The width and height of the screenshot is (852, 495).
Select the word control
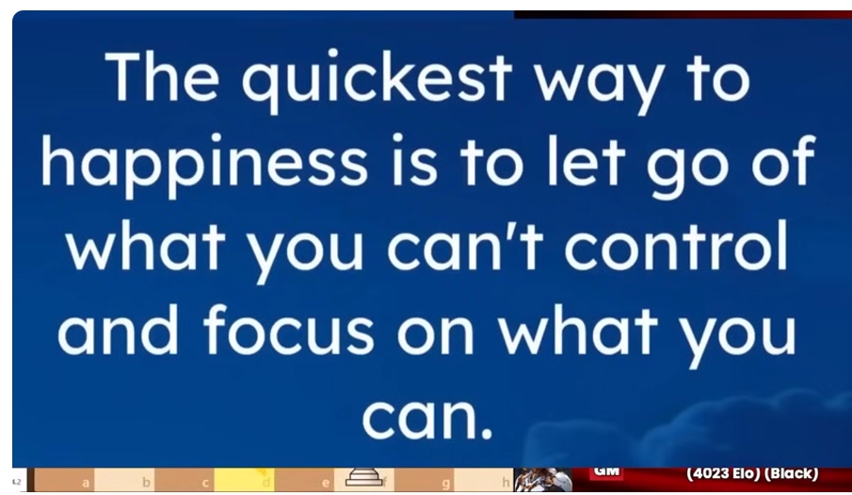pyautogui.click(x=676, y=245)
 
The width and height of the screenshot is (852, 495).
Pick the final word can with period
pyautogui.click(x=427, y=419)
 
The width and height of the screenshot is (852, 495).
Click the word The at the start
pyautogui.click(x=163, y=75)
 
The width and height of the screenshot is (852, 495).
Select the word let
pyautogui.click(x=587, y=160)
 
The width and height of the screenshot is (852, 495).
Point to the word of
pyautogui.click(x=783, y=160)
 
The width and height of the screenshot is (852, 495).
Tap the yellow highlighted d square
pyautogui.click(x=244, y=479)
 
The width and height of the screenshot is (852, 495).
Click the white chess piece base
pyautogui.click(x=363, y=477)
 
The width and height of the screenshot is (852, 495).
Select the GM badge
pyautogui.click(x=607, y=471)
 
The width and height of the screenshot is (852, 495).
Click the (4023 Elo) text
pyautogui.click(x=723, y=473)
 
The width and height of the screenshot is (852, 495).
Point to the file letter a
pyautogui.click(x=86, y=483)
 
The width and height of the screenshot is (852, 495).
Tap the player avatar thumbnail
pyautogui.click(x=543, y=479)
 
